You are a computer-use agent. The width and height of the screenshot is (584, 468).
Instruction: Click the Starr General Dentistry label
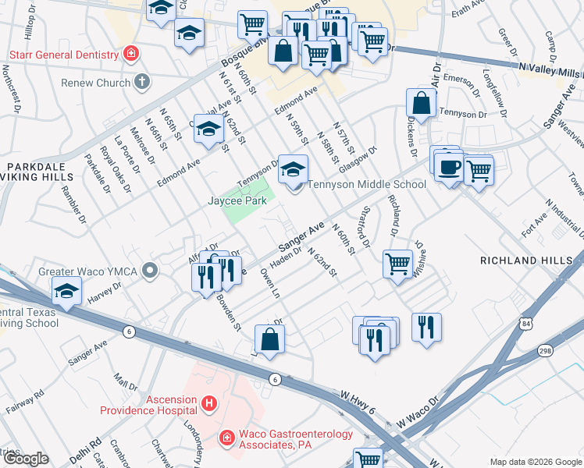[x=64, y=55]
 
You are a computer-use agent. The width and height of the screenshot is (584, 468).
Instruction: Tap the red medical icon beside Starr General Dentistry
[x=132, y=54]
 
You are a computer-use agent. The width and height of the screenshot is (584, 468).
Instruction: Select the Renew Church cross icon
[x=141, y=81]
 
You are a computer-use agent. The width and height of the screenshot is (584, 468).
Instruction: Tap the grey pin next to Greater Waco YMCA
[x=151, y=271]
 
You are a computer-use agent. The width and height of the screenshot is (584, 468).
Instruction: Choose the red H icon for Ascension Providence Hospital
[x=208, y=403]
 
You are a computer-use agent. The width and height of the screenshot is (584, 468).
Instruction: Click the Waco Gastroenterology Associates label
[x=295, y=441]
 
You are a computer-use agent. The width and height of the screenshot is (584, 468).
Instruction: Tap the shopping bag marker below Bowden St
[x=269, y=339]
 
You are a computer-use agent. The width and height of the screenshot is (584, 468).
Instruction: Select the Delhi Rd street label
[x=91, y=448]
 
